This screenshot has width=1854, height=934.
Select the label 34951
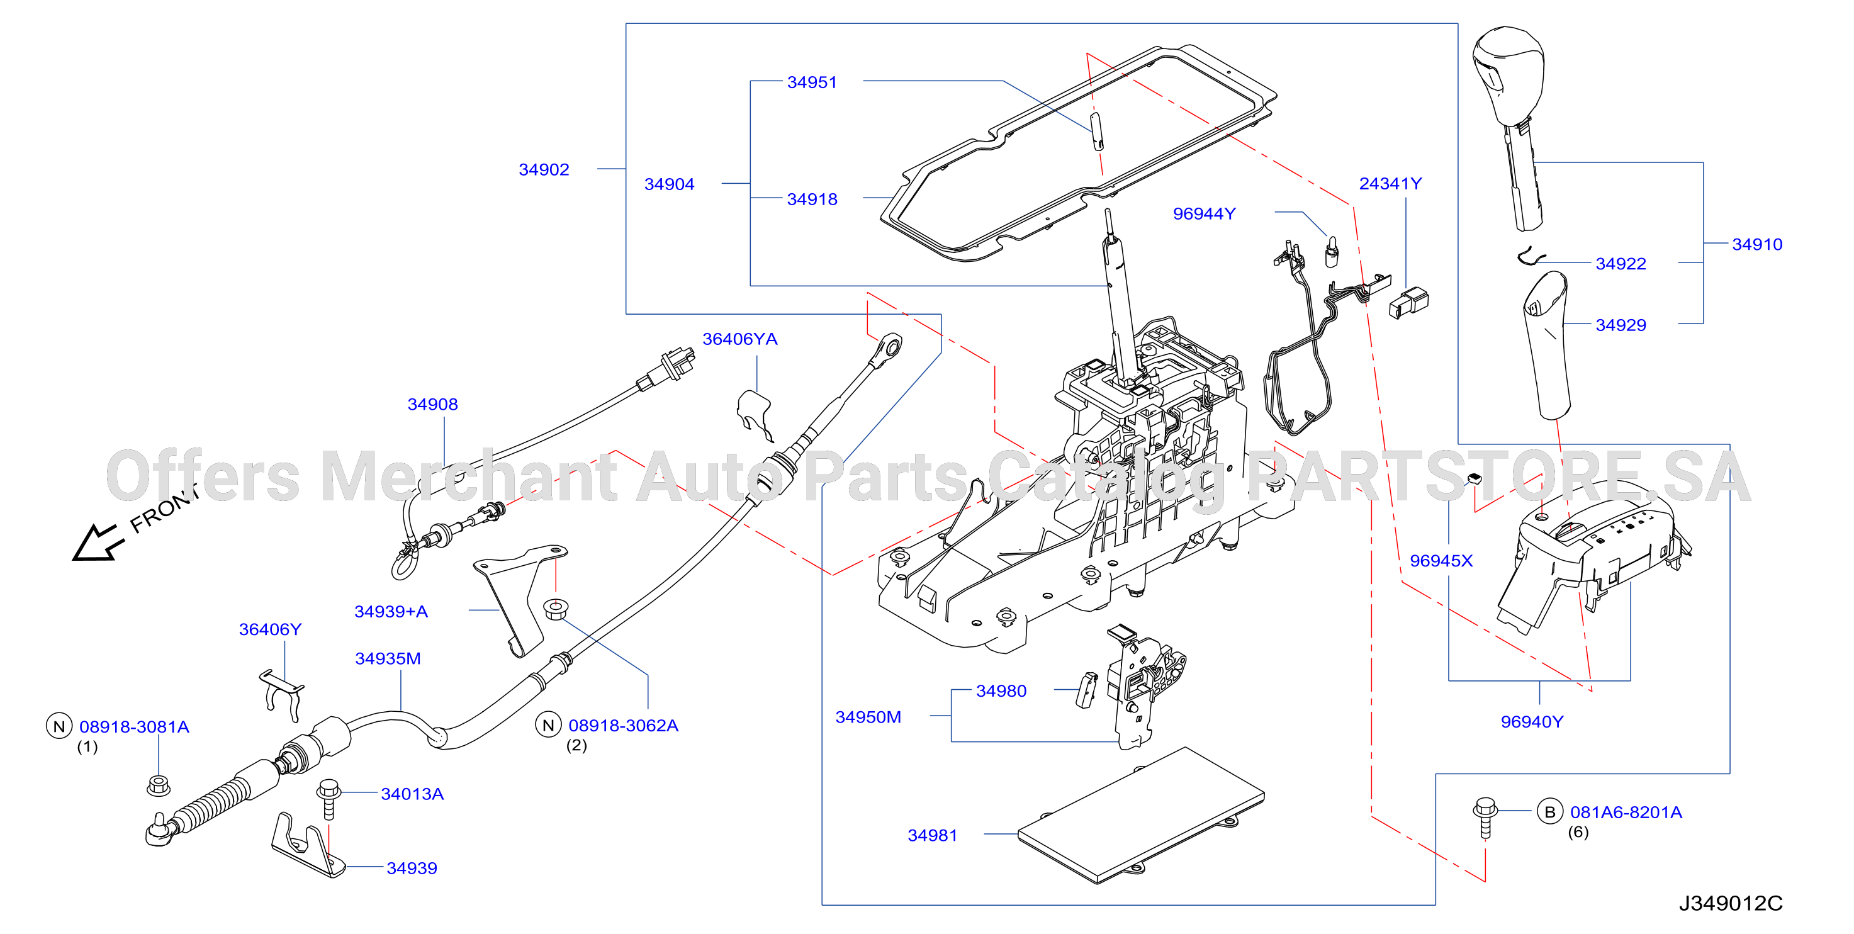(x=812, y=82)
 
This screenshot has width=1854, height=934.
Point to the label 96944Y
(x=1204, y=215)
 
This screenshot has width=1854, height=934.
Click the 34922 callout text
(x=1620, y=264)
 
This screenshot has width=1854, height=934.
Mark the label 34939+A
(x=391, y=612)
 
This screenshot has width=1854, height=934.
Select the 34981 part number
(x=932, y=835)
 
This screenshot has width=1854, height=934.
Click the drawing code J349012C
(x=1730, y=904)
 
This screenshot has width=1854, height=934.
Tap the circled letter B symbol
(x=1549, y=812)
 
